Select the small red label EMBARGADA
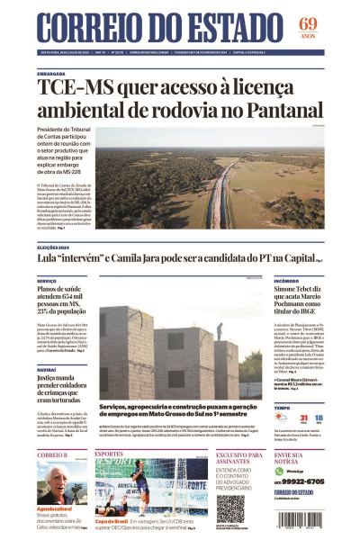point(51,74)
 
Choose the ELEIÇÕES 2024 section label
point(55,246)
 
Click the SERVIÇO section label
point(47,281)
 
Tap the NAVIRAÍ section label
point(47,370)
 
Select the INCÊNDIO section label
point(287,281)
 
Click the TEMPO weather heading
point(282,407)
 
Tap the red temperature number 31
point(305,418)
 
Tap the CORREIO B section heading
point(51,454)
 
